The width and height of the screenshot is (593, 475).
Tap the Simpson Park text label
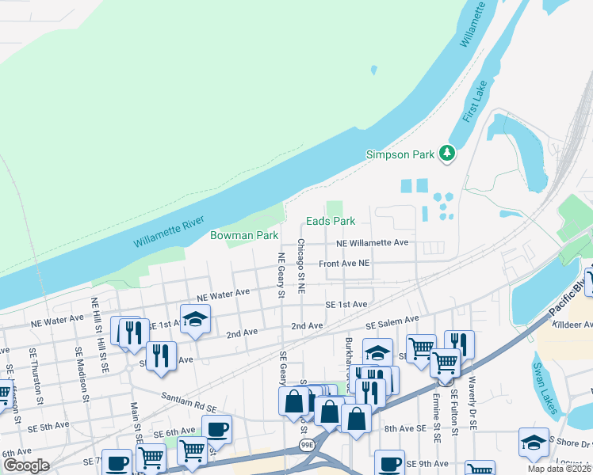click(x=400, y=154)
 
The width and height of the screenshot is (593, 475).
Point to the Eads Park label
click(x=331, y=221)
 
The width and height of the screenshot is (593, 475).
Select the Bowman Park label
click(x=244, y=235)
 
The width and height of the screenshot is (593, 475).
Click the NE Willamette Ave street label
click(x=372, y=243)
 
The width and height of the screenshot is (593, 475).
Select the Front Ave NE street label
click(x=344, y=263)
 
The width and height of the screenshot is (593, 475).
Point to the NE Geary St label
click(x=281, y=275)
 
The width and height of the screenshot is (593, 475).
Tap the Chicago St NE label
click(x=301, y=267)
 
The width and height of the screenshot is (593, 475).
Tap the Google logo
click(x=26, y=465)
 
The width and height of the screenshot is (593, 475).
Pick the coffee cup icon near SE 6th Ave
click(x=216, y=429)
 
